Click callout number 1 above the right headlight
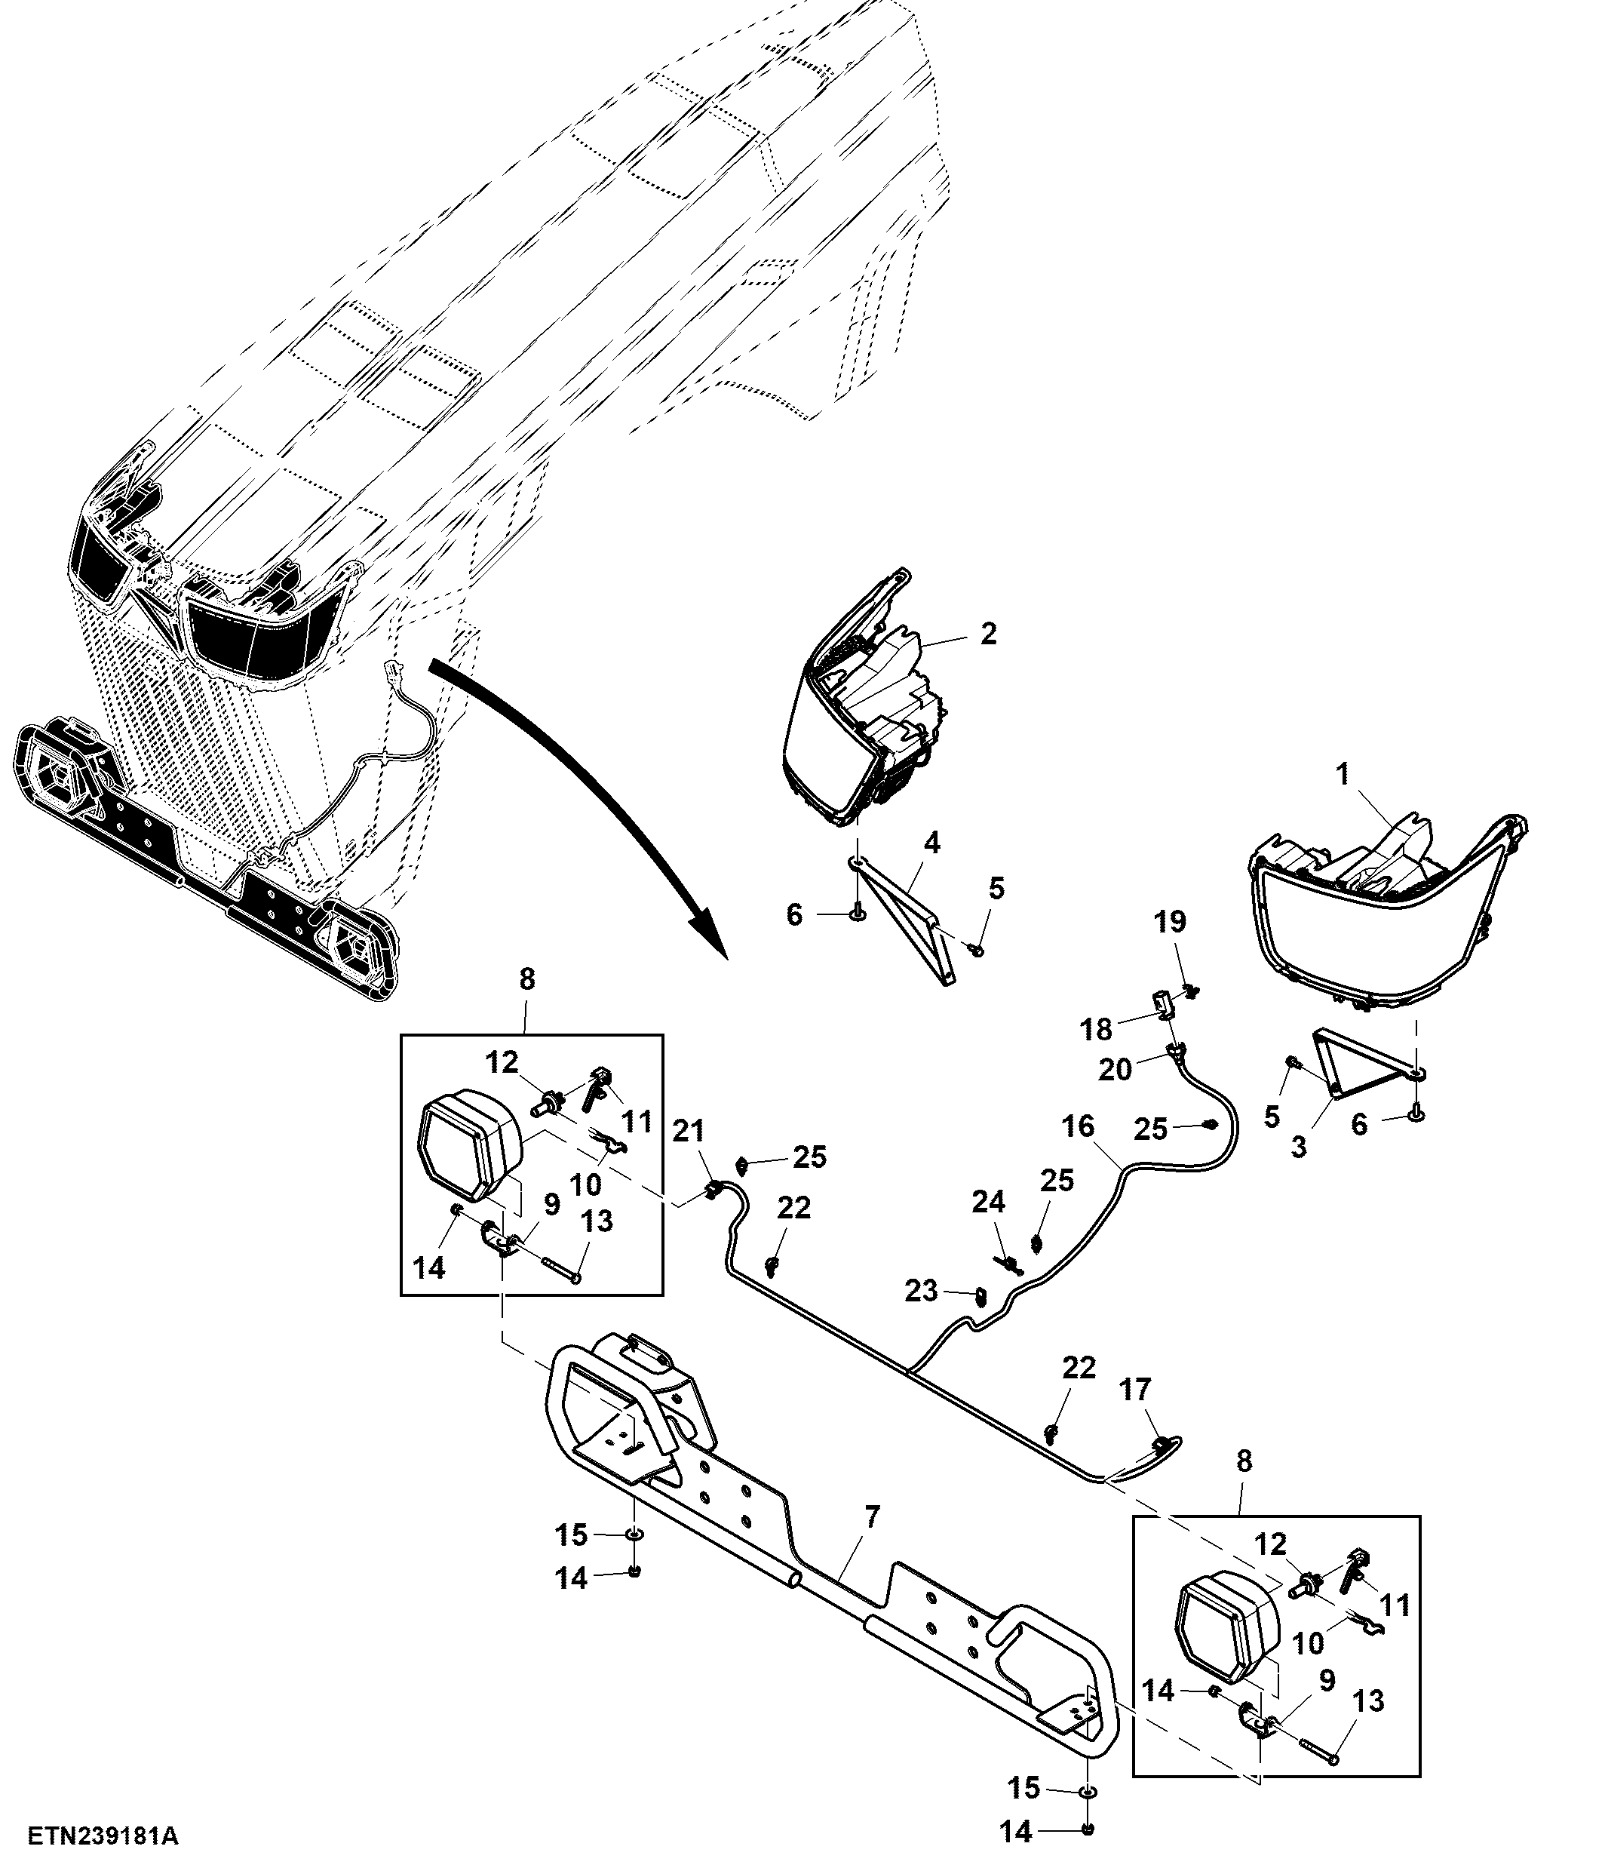tap(1342, 773)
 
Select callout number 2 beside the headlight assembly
tap(988, 633)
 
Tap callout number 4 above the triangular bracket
tap(931, 843)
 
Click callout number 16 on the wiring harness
tap(1079, 1126)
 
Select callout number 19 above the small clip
tap(1169, 923)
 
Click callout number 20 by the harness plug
tap(1115, 1070)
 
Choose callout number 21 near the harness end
tap(689, 1132)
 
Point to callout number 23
tap(922, 1292)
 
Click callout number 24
tap(988, 1202)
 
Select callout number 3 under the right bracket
tap(1299, 1147)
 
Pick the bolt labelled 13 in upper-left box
tap(562, 1266)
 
